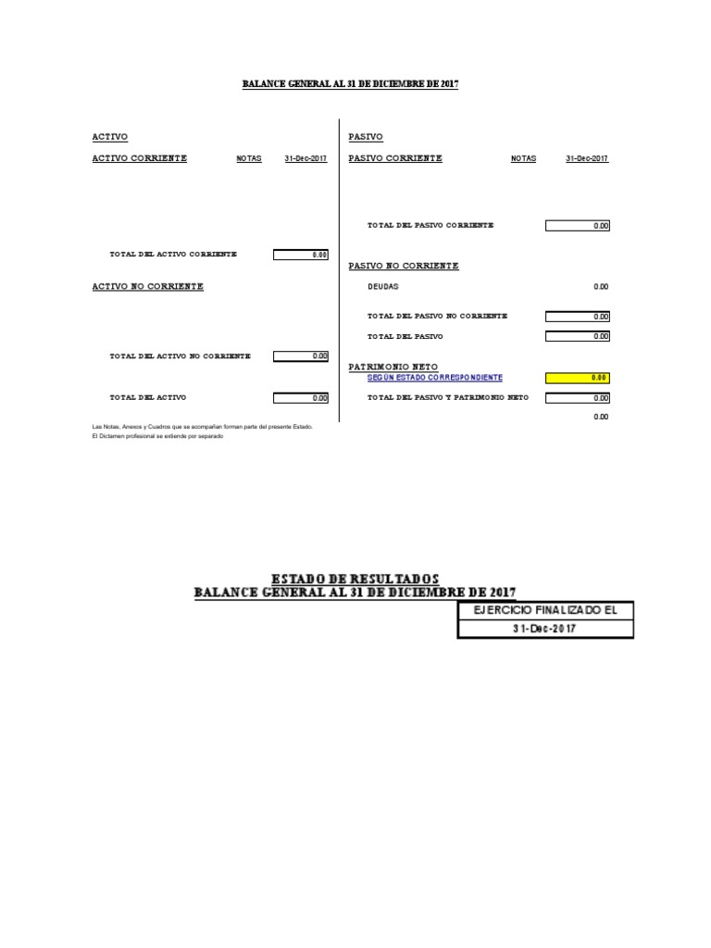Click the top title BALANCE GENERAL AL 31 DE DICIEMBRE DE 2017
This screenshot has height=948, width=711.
(x=350, y=84)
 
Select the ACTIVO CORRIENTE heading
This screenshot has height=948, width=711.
(x=139, y=158)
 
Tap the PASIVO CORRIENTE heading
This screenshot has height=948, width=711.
(x=395, y=158)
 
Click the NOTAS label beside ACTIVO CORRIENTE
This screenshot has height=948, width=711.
(x=249, y=159)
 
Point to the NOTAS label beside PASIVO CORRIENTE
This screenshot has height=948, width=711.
(x=523, y=159)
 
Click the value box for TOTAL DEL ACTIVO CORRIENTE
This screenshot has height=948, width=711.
(x=301, y=255)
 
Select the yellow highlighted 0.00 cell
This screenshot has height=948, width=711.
(x=578, y=378)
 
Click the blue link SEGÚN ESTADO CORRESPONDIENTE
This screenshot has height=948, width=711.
(x=435, y=378)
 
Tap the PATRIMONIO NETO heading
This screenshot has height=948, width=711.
(x=393, y=368)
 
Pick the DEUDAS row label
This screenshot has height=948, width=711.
(x=383, y=287)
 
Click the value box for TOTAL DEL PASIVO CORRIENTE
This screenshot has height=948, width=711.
(x=578, y=225)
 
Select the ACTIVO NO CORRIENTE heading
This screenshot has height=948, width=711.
(x=147, y=287)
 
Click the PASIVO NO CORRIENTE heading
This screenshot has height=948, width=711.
(x=403, y=266)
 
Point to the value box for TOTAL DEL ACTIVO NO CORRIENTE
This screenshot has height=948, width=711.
(x=301, y=355)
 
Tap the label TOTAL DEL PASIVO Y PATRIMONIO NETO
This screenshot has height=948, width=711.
(x=448, y=397)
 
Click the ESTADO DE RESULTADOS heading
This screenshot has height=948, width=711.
(x=355, y=579)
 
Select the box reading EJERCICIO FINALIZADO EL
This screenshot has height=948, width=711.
(x=545, y=610)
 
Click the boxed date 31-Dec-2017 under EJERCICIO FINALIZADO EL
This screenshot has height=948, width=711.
(x=545, y=629)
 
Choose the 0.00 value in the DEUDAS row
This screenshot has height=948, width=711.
(x=601, y=287)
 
